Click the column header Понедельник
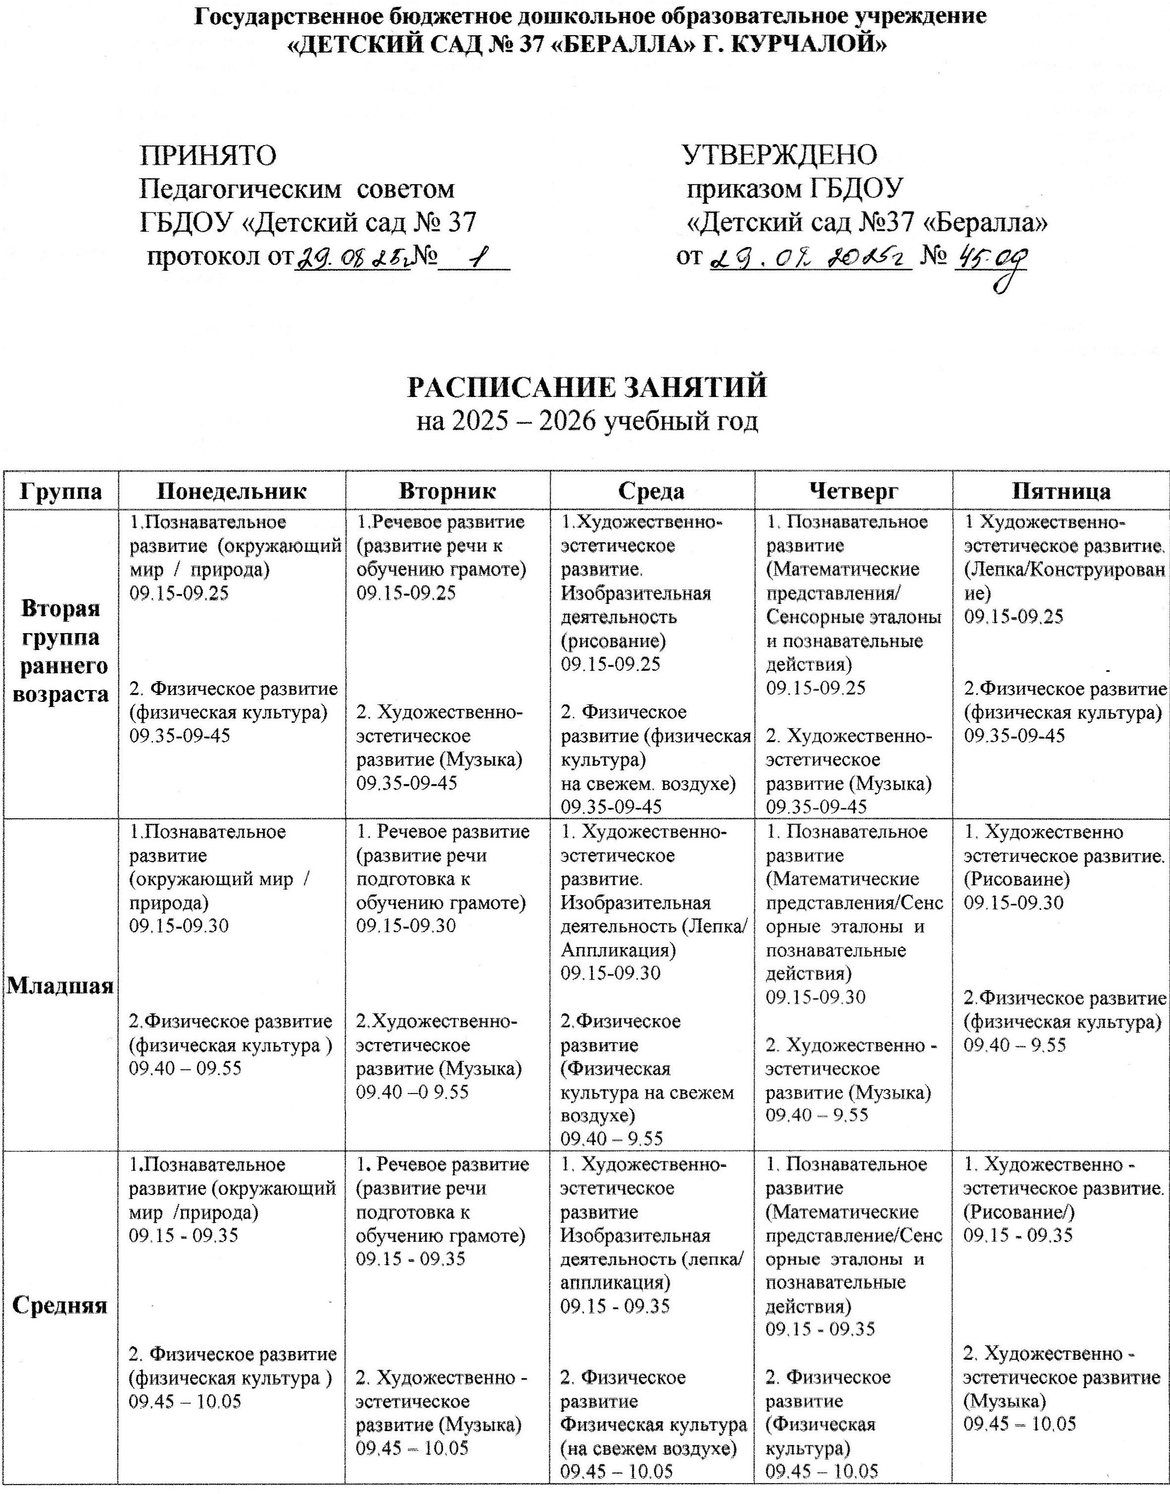[232, 491]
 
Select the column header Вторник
[447, 491]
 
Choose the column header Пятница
[1061, 491]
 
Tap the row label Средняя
[60, 1305]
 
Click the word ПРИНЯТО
[208, 155]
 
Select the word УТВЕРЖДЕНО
[780, 155]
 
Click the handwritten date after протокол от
[351, 258]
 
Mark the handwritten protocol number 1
[473, 259]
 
